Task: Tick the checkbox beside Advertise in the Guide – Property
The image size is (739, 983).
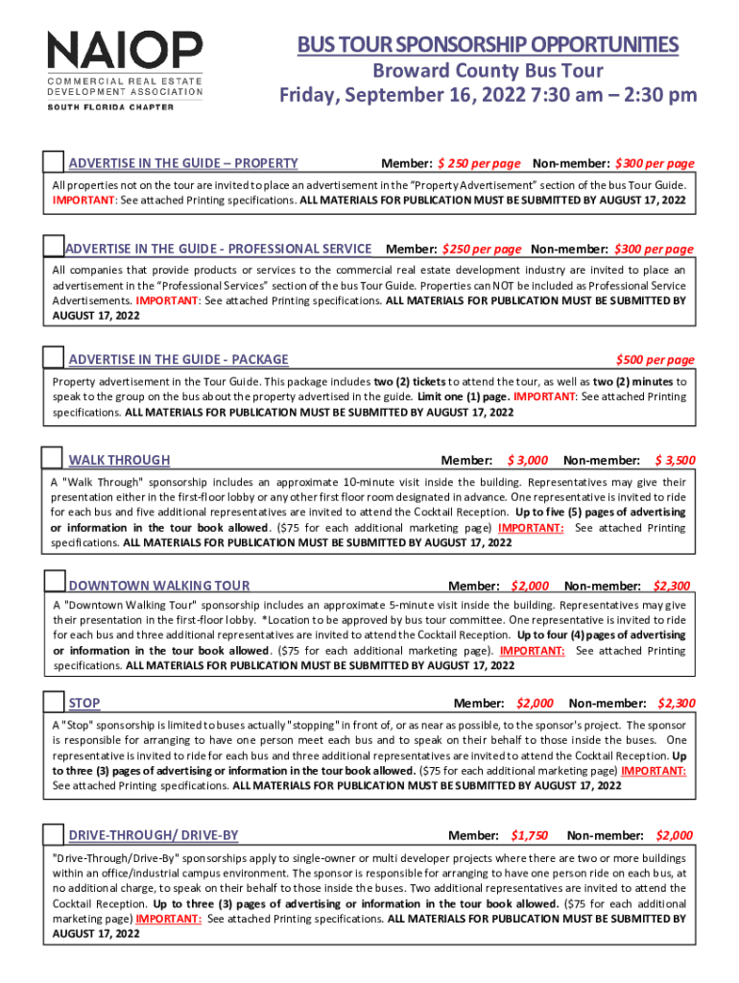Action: coord(55,162)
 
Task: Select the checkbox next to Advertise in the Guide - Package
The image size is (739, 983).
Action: coord(55,358)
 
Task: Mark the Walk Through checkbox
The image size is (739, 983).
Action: coord(55,459)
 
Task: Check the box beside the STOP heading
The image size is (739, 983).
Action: coord(55,702)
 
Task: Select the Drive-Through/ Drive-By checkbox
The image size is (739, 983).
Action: coord(55,834)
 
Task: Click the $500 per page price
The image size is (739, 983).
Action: coord(655,360)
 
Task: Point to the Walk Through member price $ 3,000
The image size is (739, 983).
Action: coord(528,461)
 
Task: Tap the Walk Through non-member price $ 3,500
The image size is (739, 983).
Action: coord(675,461)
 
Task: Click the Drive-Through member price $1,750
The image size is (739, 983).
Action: coord(530,835)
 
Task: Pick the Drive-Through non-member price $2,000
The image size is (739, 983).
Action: coord(674,835)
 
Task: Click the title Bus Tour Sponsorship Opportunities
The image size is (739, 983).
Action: coord(488,45)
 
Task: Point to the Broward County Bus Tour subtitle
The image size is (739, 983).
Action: coord(488,71)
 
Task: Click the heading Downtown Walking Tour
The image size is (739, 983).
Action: coord(159,586)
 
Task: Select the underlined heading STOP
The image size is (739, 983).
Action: coord(84,704)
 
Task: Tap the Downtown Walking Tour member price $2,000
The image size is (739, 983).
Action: coord(530,586)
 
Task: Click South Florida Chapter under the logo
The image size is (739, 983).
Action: coord(111,108)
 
